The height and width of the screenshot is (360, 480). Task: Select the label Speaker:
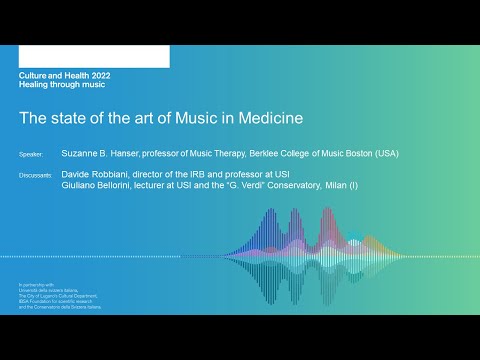[x=32, y=156]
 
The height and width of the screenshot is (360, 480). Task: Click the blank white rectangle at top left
[x=93, y=56]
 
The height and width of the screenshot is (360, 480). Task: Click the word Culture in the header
[x=35, y=76]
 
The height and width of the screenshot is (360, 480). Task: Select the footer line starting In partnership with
[x=36, y=285]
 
